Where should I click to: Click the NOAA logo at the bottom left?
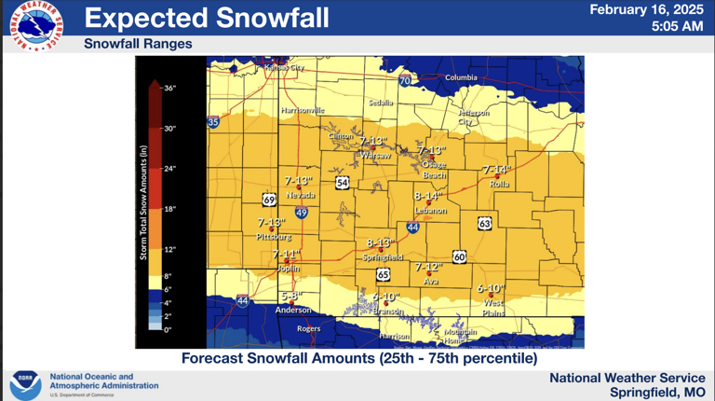click(x=25, y=384)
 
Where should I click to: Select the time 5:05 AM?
click(x=677, y=27)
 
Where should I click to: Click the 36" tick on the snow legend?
click(x=169, y=88)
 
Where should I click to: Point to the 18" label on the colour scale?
click(x=169, y=210)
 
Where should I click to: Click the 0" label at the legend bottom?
click(x=168, y=329)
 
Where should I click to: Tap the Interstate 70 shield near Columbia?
click(x=405, y=81)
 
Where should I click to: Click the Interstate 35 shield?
click(x=213, y=122)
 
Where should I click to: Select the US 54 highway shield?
click(x=343, y=183)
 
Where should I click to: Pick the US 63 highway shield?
click(x=485, y=223)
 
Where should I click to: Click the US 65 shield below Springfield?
click(x=384, y=274)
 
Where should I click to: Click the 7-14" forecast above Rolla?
click(x=497, y=170)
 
